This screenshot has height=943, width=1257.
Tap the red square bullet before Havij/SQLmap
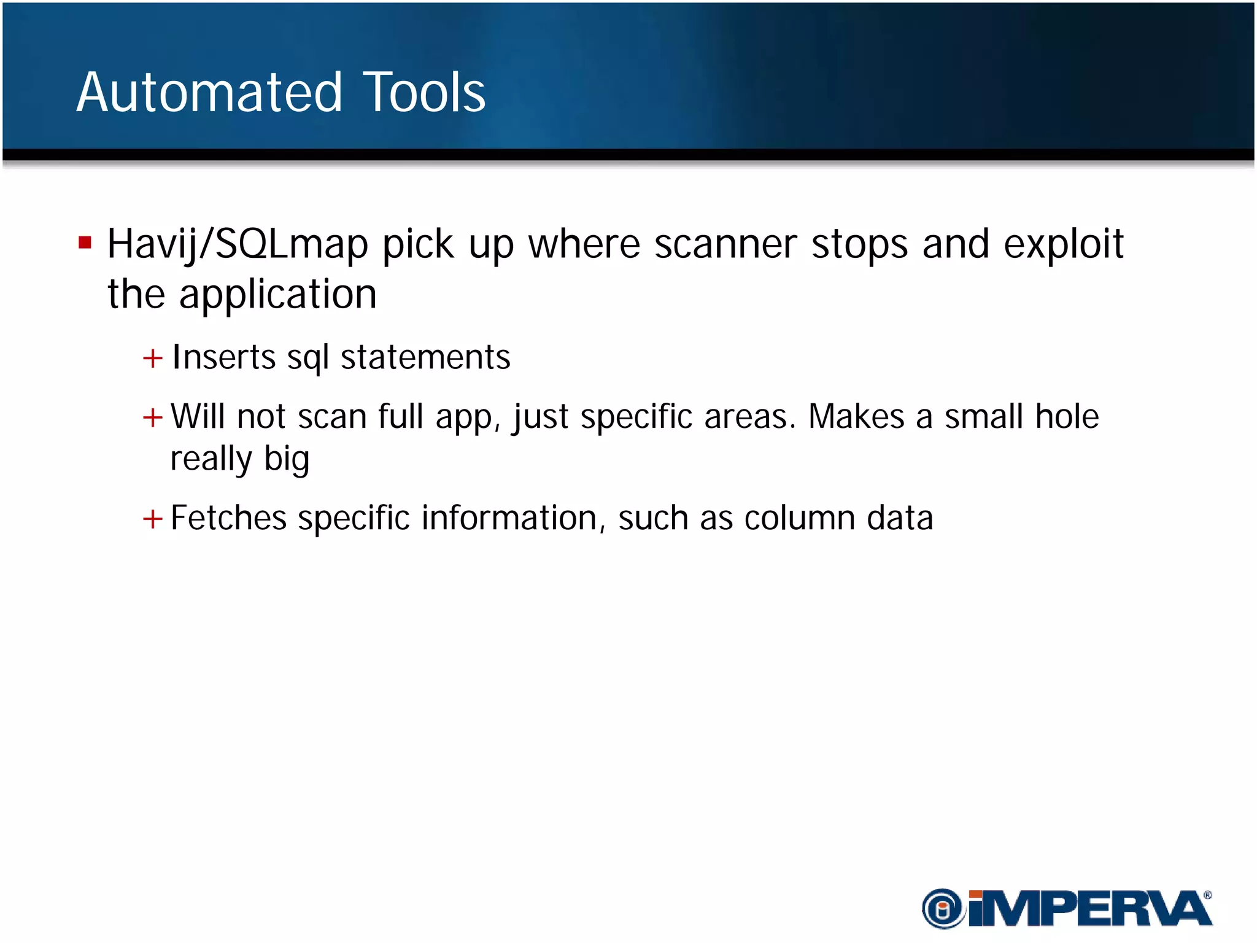85,243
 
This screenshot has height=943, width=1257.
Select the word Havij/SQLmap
238,244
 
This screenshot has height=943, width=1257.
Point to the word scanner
725,244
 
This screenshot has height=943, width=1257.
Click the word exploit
1063,244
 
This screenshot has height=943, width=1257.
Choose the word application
277,295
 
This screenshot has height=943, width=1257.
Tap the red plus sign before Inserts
152,358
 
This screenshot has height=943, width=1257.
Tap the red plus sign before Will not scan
152,418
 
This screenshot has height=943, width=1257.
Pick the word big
286,459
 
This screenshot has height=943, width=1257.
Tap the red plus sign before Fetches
152,519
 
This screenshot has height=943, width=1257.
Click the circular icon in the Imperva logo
943,909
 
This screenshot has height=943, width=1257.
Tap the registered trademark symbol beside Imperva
1207,895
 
